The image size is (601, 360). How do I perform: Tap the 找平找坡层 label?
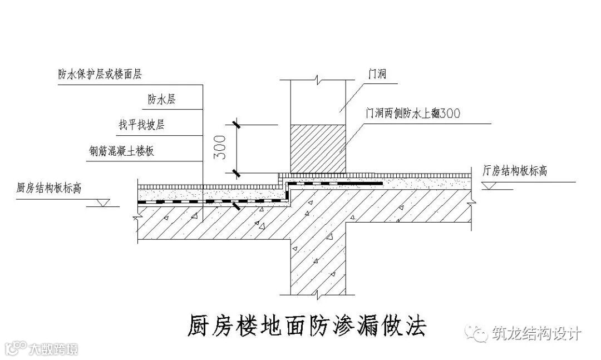pos(141,125)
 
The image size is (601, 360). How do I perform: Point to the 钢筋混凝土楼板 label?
pos(121,151)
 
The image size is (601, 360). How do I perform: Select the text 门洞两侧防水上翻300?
pos(412,113)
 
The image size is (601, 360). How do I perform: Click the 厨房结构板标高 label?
pos(50,188)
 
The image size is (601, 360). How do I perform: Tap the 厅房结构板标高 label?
pos(514,171)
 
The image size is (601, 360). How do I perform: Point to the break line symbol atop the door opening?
pos(318,80)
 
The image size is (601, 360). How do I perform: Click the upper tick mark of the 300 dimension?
pos(237,125)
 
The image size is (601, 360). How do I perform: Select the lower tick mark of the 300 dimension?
pos(237,172)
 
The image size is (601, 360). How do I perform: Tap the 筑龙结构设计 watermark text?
pos(536,334)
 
